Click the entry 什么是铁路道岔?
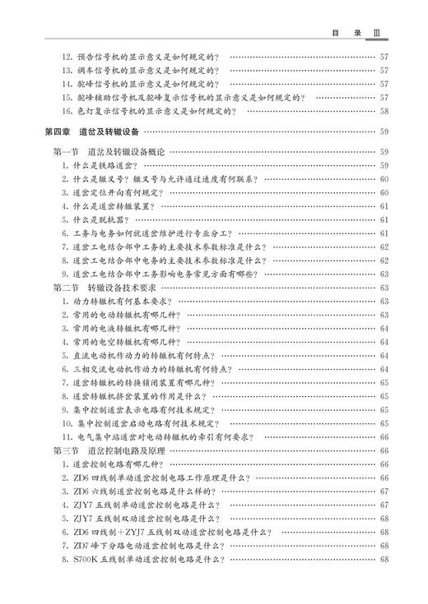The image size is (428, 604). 103,166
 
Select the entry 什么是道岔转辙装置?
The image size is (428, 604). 114,206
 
